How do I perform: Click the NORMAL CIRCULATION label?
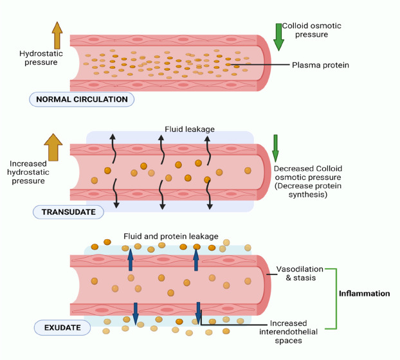click(82, 100)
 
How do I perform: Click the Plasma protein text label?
click(320, 65)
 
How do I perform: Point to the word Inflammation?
click(364, 294)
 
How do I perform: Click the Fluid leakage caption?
click(189, 129)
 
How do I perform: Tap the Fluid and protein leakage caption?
click(171, 236)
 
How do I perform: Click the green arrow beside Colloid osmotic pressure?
click(278, 37)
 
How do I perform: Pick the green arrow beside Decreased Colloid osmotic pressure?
click(275, 148)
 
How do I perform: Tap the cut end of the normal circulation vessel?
click(264, 62)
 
